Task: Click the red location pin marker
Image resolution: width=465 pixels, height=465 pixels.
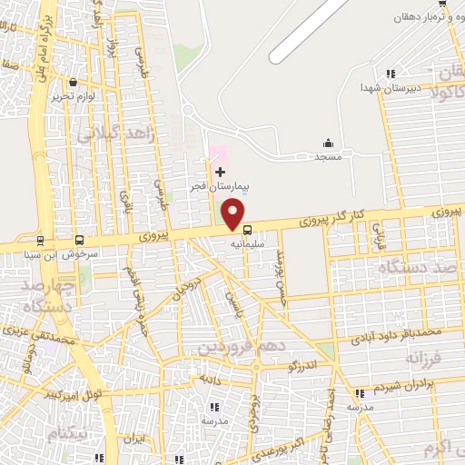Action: (235, 214)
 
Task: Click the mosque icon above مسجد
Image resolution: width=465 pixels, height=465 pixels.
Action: (328, 142)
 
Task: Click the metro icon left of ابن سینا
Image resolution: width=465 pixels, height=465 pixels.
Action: (40, 241)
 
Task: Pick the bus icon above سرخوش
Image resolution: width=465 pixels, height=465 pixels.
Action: (80, 241)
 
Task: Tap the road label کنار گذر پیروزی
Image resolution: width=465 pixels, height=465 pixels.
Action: (331, 218)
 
